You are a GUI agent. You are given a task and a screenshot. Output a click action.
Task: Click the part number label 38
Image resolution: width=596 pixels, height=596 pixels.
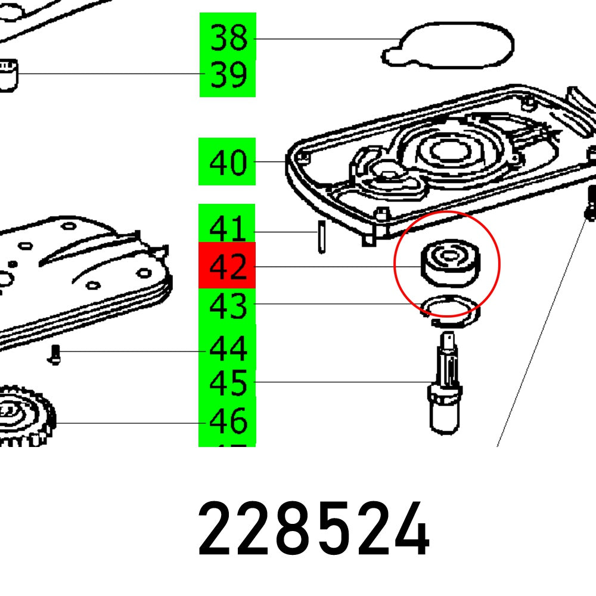pyautogui.click(x=228, y=39)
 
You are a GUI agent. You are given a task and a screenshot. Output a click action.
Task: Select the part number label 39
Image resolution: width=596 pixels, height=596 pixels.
pyautogui.click(x=228, y=76)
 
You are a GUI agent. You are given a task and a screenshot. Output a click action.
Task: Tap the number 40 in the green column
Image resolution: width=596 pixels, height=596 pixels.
pyautogui.click(x=228, y=162)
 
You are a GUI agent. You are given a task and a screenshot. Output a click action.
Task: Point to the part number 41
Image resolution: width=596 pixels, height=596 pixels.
pyautogui.click(x=228, y=230)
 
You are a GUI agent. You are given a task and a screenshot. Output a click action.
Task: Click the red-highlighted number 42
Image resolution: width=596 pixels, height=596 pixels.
pyautogui.click(x=228, y=266)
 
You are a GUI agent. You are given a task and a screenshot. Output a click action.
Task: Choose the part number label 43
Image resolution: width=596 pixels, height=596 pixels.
pyautogui.click(x=228, y=306)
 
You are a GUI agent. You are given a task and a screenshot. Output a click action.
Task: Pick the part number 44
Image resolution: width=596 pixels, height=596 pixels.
pyautogui.click(x=228, y=349)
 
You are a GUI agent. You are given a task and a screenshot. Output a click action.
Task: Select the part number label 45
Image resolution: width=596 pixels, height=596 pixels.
pyautogui.click(x=228, y=383)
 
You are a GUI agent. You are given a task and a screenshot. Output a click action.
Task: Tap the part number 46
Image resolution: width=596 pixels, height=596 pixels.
pyautogui.click(x=228, y=421)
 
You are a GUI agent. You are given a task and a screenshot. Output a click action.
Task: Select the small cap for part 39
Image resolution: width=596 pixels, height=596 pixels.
pyautogui.click(x=9, y=74)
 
